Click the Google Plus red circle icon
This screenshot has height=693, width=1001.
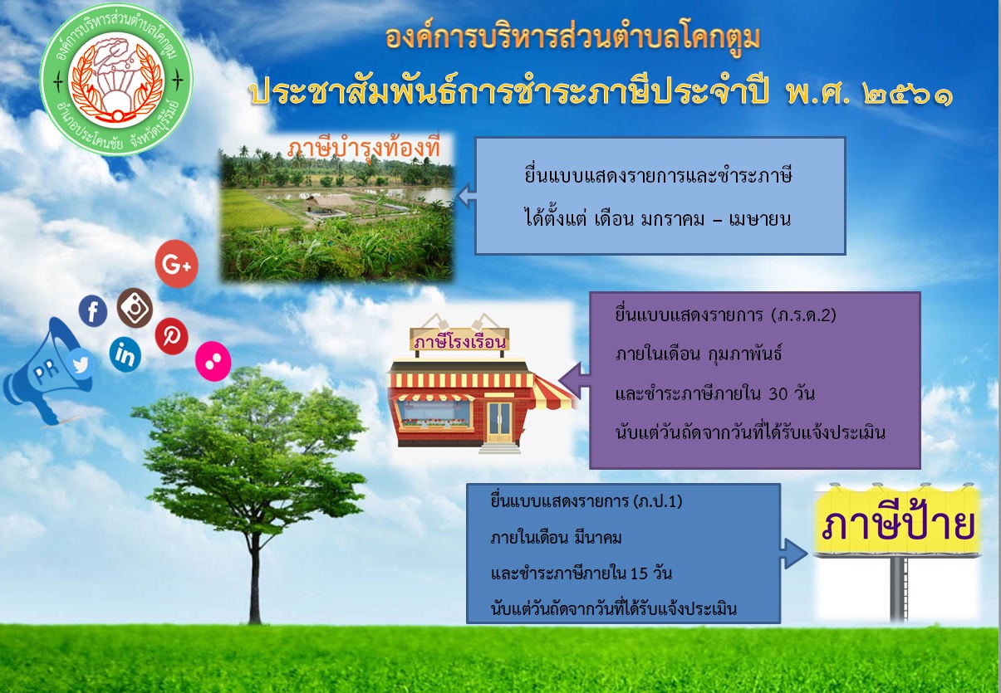pos(176,264)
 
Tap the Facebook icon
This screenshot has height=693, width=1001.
pos(93,310)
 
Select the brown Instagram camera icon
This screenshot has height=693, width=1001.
pos(135,308)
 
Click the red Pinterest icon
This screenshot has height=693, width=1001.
pos(172,336)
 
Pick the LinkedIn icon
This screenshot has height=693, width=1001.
pos(125,355)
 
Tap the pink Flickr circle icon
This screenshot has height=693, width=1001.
pos(213,361)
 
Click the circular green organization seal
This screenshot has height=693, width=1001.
pos(116,79)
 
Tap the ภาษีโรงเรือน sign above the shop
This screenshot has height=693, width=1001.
pos(459,342)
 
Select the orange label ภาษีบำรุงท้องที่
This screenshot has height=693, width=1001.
pos(363,148)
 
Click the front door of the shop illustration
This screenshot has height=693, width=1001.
pos(499,422)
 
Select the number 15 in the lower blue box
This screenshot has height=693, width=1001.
pos(639,573)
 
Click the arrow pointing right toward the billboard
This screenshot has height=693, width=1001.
pos(794,554)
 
